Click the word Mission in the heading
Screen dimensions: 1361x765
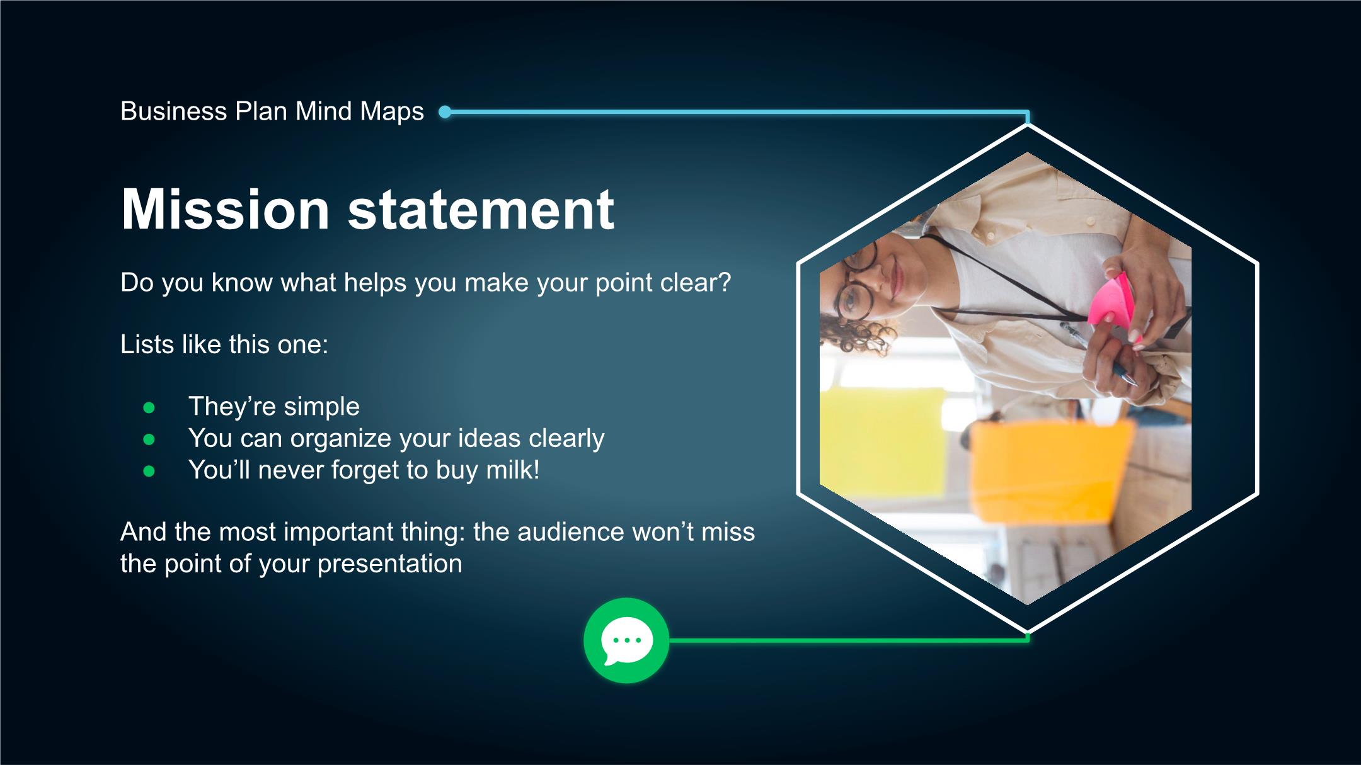point(225,209)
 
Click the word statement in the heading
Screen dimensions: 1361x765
point(481,209)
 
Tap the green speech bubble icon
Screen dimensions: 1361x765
point(626,640)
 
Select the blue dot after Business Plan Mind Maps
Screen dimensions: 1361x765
point(445,113)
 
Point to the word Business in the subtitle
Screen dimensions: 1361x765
point(174,111)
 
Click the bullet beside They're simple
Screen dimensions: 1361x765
point(149,408)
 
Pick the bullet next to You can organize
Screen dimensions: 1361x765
point(149,439)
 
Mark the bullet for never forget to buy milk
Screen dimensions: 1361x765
point(149,471)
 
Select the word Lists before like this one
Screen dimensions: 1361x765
point(147,344)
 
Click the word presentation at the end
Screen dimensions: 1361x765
point(390,564)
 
